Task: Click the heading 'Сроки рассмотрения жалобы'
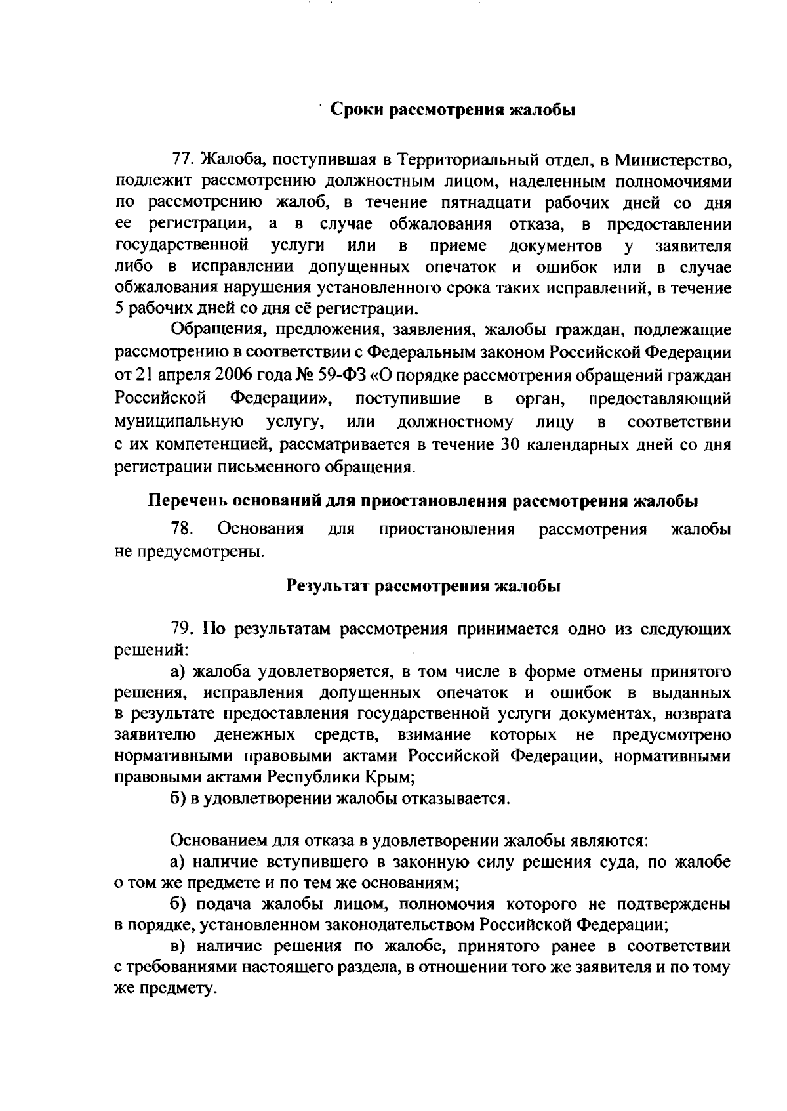click(x=452, y=110)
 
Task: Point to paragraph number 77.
click(x=182, y=159)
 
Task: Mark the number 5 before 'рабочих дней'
click(x=119, y=308)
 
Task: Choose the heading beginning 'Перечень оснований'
click(x=422, y=501)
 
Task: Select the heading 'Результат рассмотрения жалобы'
click(x=424, y=586)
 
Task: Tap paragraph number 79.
click(x=182, y=629)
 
